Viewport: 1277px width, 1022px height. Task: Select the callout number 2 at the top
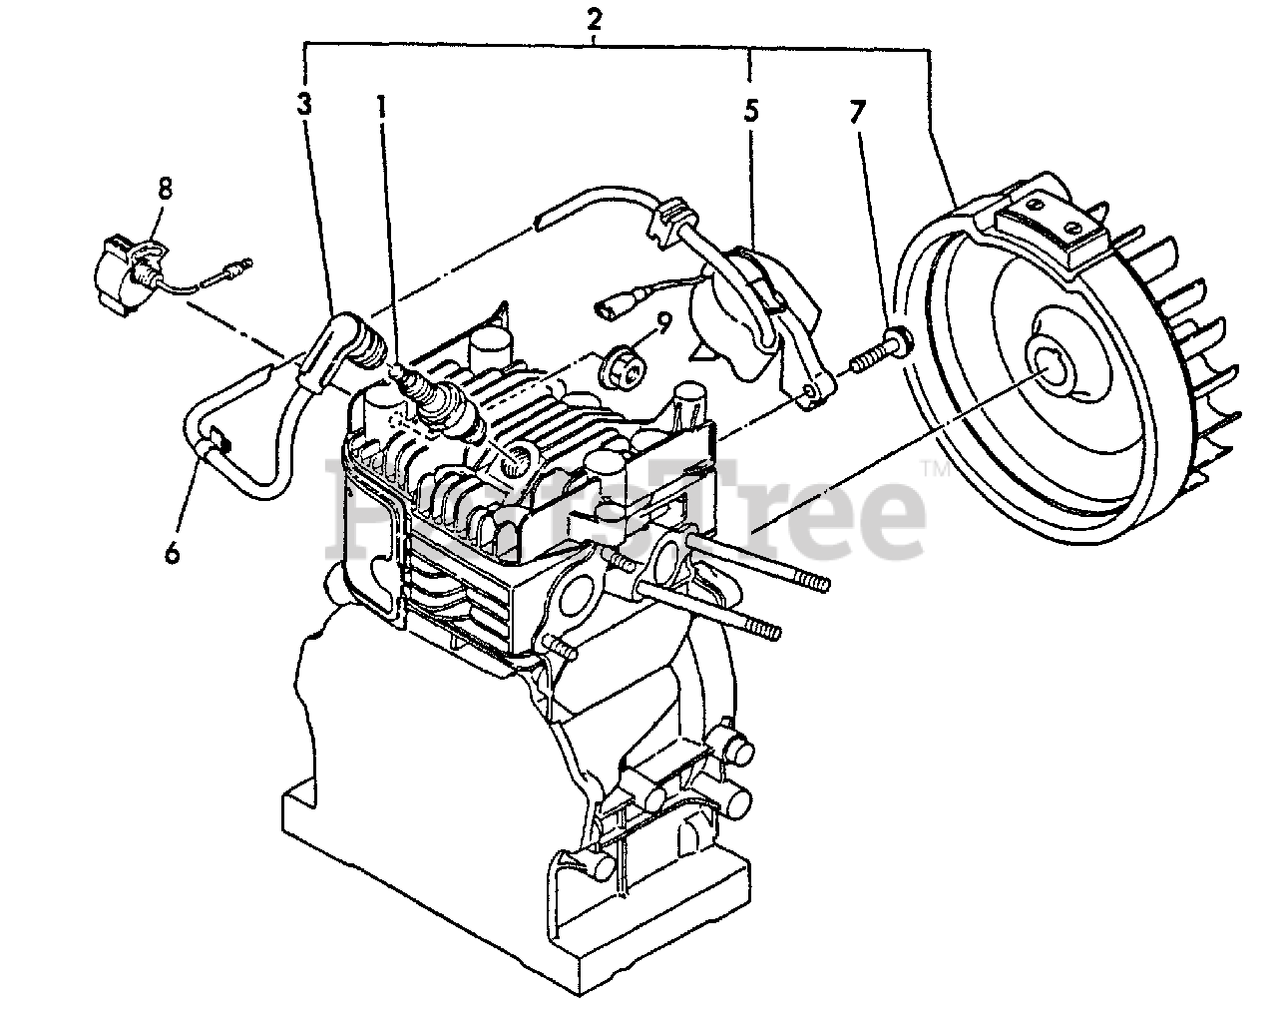pyautogui.click(x=595, y=17)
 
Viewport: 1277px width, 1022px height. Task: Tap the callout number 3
pyautogui.click(x=304, y=104)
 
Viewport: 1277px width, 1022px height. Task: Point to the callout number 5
pyautogui.click(x=750, y=110)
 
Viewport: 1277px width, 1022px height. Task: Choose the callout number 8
pyautogui.click(x=165, y=187)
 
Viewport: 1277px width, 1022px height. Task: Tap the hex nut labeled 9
pyautogui.click(x=620, y=369)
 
